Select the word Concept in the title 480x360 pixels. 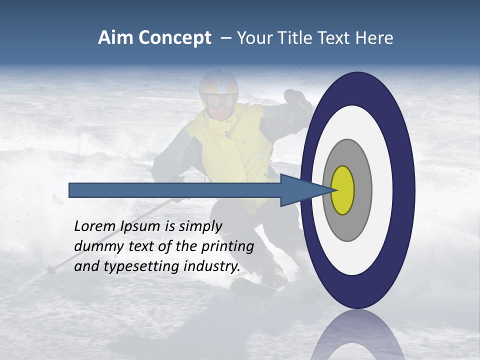175,38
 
